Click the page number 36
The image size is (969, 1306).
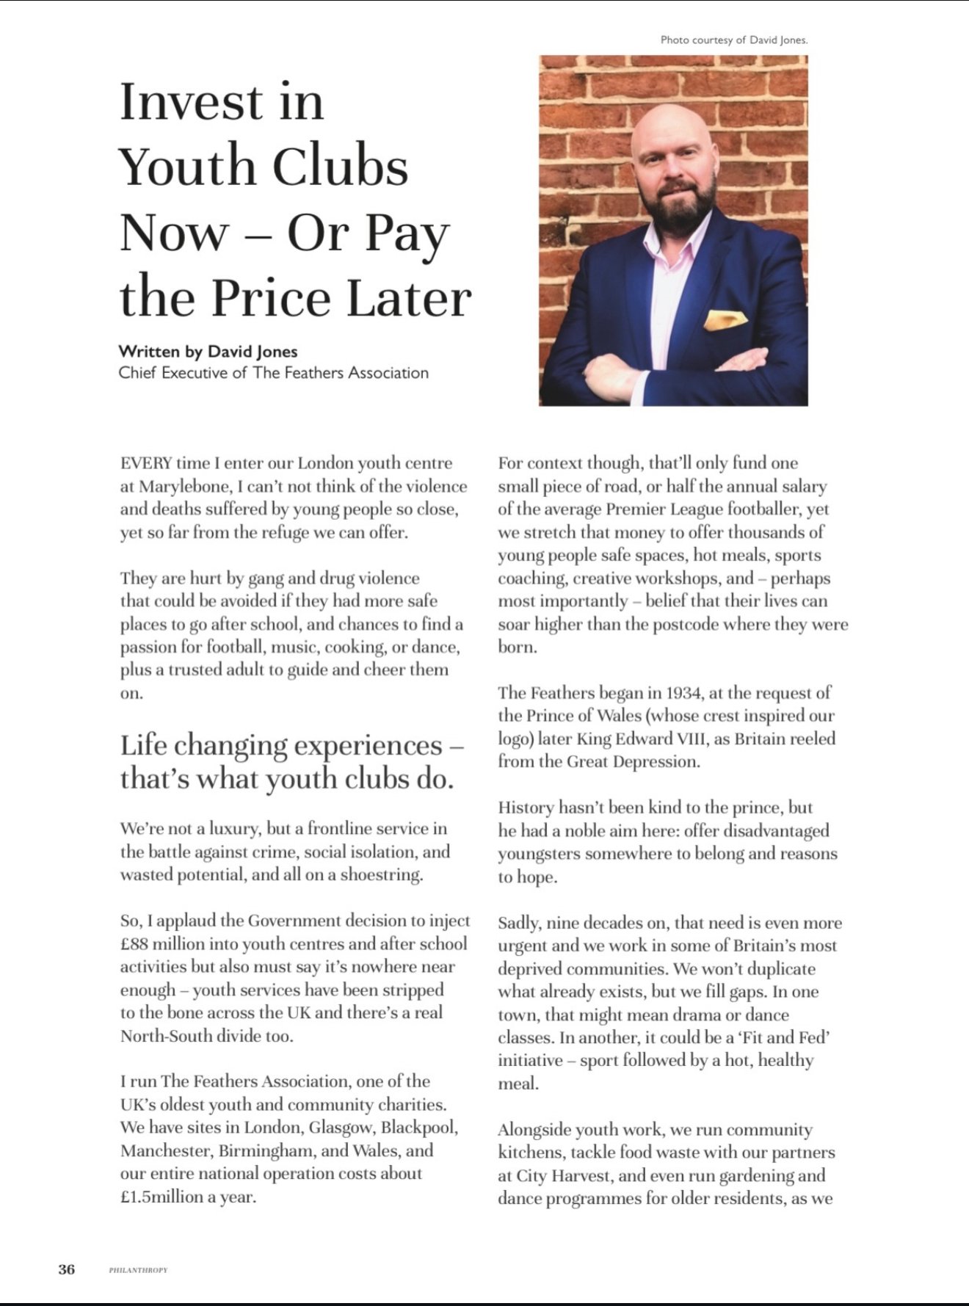click(67, 1269)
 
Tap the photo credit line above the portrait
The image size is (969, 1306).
click(733, 40)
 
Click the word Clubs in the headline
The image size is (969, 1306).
click(340, 167)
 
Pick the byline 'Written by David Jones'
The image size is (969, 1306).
click(208, 352)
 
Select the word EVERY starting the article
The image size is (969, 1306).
click(146, 463)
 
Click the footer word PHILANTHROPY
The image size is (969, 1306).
click(138, 1270)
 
